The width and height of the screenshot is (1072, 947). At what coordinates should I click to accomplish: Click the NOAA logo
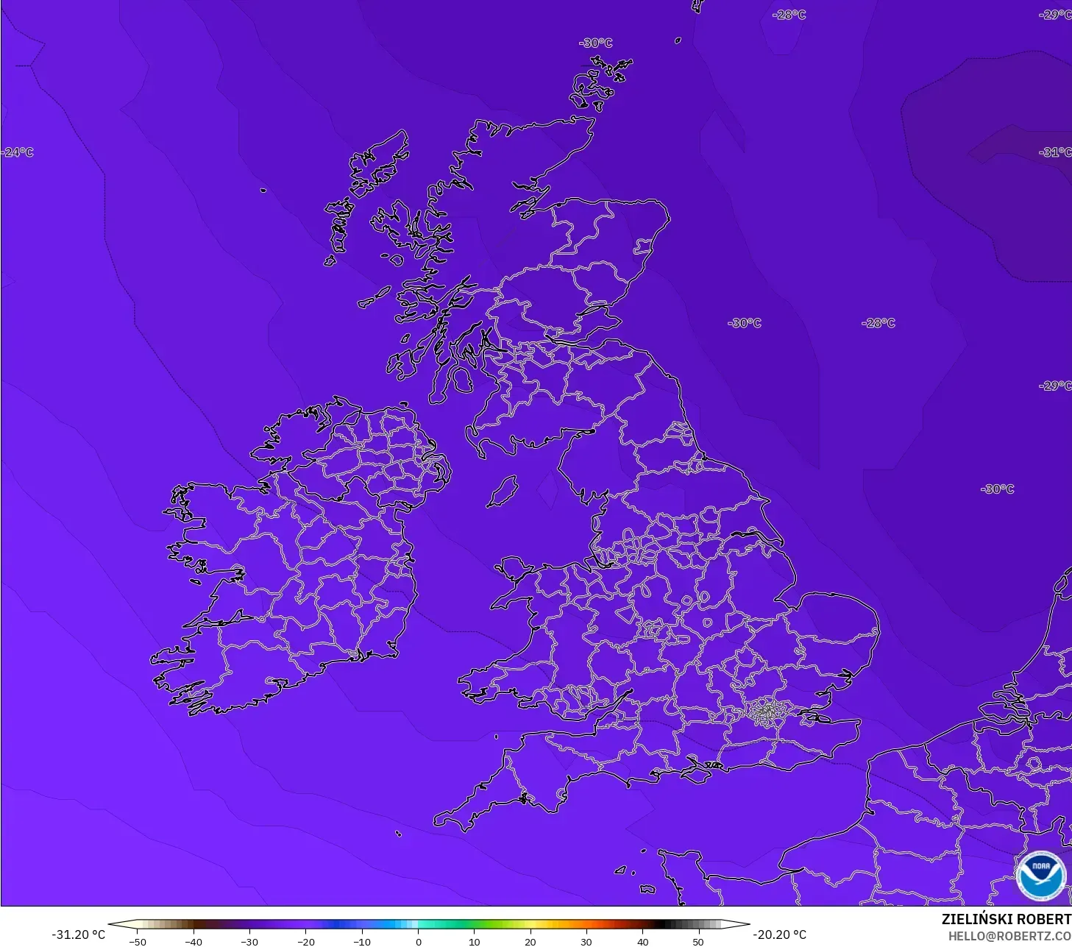pyautogui.click(x=1040, y=876)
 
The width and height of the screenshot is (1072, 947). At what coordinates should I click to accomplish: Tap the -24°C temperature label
pyautogui.click(x=18, y=152)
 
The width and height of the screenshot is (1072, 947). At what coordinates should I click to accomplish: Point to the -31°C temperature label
pyautogui.click(x=1055, y=152)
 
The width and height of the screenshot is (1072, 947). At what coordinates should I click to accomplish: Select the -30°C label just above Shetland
pyautogui.click(x=595, y=43)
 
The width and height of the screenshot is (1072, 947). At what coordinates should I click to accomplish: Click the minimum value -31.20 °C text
pyautogui.click(x=78, y=934)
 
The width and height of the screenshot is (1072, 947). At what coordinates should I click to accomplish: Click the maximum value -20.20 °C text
pyautogui.click(x=779, y=934)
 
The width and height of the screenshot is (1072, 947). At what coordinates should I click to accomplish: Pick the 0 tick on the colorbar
pyautogui.click(x=418, y=941)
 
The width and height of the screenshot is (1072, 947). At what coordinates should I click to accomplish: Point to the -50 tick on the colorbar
pyautogui.click(x=137, y=941)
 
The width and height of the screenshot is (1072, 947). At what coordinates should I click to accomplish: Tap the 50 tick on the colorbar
pyautogui.click(x=698, y=941)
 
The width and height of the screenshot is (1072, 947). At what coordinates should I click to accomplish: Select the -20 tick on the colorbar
pyautogui.click(x=305, y=941)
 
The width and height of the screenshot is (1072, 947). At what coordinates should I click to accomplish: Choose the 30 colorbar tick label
pyautogui.click(x=586, y=941)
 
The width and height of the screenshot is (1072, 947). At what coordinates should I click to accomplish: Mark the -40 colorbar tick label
pyautogui.click(x=193, y=941)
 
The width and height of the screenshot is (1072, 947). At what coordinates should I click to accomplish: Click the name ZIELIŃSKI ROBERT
pyautogui.click(x=1006, y=920)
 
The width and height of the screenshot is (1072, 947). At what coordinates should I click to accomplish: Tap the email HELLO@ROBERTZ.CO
pyautogui.click(x=1009, y=936)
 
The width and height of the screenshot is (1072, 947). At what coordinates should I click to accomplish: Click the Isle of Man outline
pyautogui.click(x=503, y=491)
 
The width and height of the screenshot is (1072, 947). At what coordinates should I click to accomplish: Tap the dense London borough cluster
pyautogui.click(x=767, y=712)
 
